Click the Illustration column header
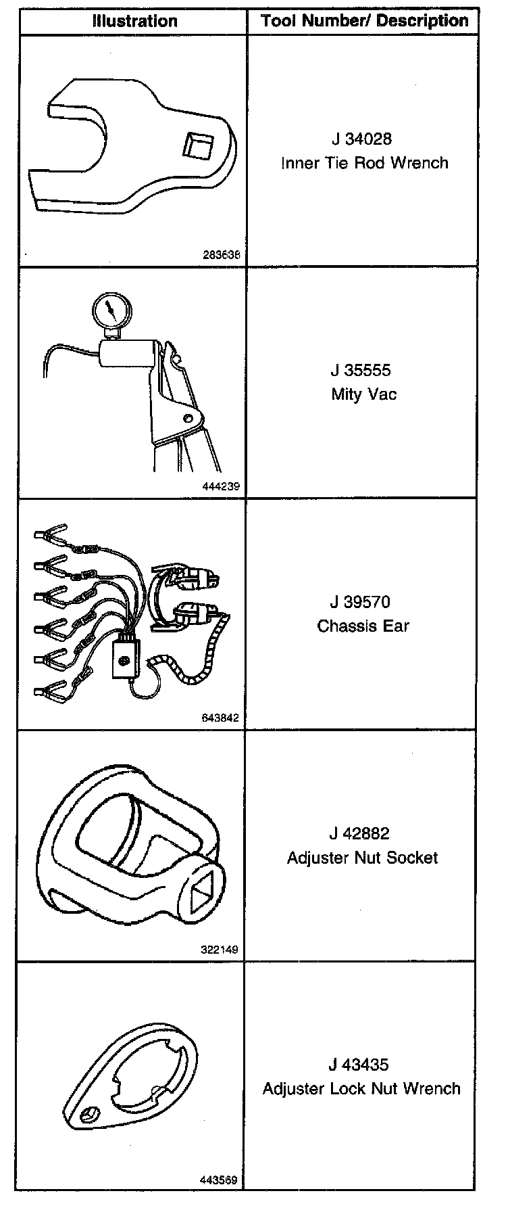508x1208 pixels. (135, 21)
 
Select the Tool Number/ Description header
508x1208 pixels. (365, 21)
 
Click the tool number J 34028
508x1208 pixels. (361, 139)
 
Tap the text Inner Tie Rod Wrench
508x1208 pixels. (365, 163)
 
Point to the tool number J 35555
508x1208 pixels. (361, 371)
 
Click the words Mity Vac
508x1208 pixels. (364, 394)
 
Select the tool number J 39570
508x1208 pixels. (361, 602)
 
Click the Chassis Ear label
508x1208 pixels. (363, 626)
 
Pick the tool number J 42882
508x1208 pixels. (361, 834)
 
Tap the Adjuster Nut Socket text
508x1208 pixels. (363, 858)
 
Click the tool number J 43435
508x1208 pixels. (359, 1065)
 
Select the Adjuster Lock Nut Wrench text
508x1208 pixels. (361, 1089)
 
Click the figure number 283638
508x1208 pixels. (222, 256)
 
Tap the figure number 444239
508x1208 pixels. (220, 486)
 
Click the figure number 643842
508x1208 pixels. (220, 718)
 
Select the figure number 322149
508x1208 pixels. (220, 950)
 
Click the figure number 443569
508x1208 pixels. (219, 1180)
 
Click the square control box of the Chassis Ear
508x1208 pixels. (126, 657)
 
